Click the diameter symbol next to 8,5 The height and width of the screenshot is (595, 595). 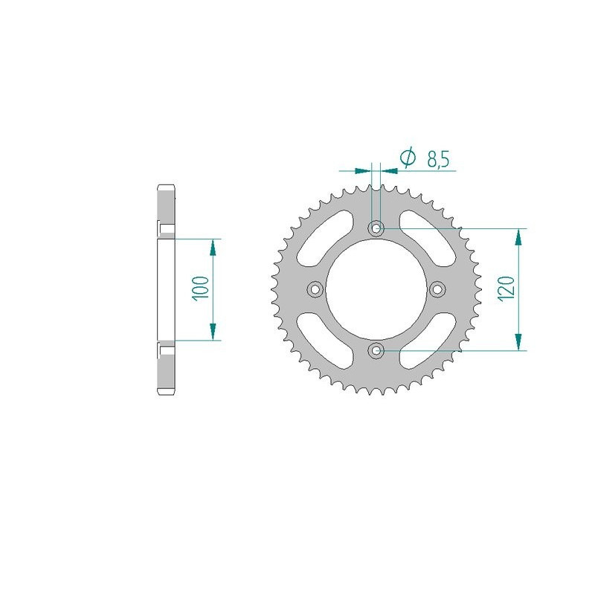click(407, 158)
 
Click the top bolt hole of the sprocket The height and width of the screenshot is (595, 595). click(376, 228)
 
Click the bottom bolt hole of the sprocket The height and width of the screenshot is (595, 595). click(376, 350)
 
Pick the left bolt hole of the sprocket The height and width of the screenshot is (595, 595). click(315, 289)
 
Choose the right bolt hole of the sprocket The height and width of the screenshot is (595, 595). click(437, 289)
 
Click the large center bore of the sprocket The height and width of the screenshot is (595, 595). click(376, 289)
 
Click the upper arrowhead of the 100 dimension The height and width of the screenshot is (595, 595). click(213, 245)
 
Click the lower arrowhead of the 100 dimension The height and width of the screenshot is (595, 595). click(213, 333)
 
